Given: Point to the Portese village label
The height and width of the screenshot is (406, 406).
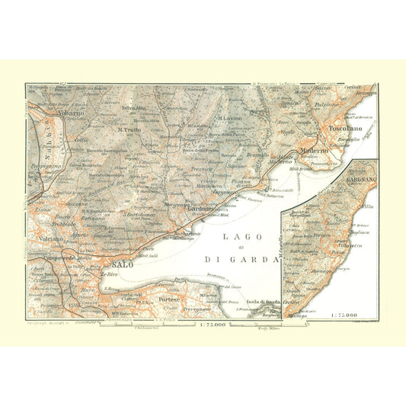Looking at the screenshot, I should [169, 299].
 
